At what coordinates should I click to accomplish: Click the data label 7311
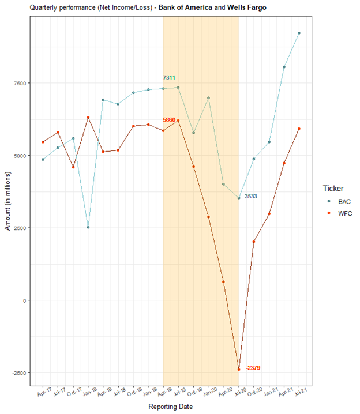pyautogui.click(x=169, y=78)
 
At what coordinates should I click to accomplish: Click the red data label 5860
pyautogui.click(x=169, y=120)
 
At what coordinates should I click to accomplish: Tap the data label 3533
pyautogui.click(x=251, y=197)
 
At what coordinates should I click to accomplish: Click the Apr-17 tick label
pyautogui.click(x=43, y=393)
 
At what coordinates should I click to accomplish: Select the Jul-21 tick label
pyautogui.click(x=299, y=393)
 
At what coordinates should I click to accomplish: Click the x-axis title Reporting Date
pyautogui.click(x=170, y=407)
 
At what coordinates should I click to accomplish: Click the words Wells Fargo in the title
pyautogui.click(x=245, y=7)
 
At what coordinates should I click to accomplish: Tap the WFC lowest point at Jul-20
pyautogui.click(x=239, y=370)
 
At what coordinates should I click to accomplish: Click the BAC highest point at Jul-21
pyautogui.click(x=299, y=33)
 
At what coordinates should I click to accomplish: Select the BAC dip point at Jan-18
pyautogui.click(x=88, y=227)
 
